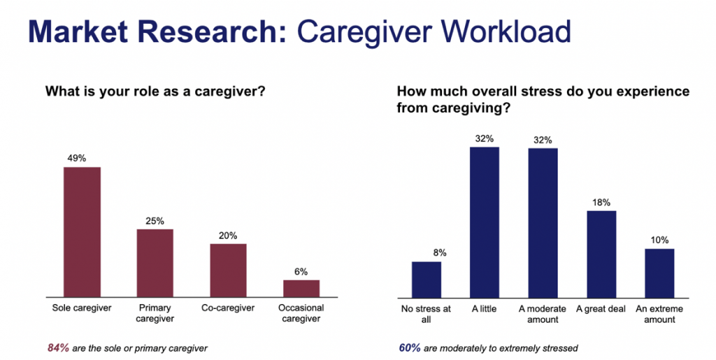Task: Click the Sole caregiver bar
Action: [83, 232]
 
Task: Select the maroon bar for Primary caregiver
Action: [155, 264]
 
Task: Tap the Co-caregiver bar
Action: [229, 271]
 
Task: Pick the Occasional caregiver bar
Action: [301, 289]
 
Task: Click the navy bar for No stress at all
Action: [427, 280]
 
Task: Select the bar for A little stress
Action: [485, 222]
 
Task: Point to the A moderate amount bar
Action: [543, 223]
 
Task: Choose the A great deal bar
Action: [601, 254]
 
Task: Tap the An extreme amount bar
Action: [659, 273]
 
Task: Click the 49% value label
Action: [77, 158]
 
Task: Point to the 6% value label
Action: [301, 271]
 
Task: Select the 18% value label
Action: [601, 203]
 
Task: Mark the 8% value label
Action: [440, 253]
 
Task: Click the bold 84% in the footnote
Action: [59, 348]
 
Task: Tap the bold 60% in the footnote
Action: [410, 348]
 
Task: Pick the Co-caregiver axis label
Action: [228, 308]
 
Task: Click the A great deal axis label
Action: [601, 310]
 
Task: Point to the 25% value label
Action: [155, 221]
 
